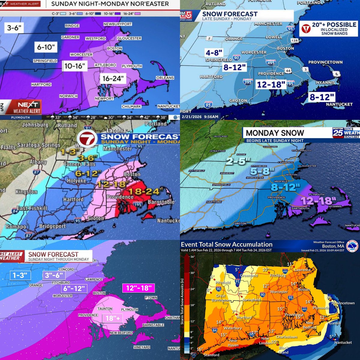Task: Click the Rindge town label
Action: (x=72, y=26)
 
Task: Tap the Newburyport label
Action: (x=117, y=24)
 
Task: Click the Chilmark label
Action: (x=131, y=106)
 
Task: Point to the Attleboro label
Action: (x=105, y=65)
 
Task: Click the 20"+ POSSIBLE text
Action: (x=334, y=25)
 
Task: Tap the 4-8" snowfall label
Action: (x=214, y=52)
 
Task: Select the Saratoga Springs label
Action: (x=39, y=145)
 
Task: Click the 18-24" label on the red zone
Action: (x=145, y=191)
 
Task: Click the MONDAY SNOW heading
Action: (x=275, y=133)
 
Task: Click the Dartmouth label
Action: (x=300, y=208)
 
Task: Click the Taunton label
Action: (x=105, y=309)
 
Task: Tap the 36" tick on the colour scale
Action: (x=191, y=257)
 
